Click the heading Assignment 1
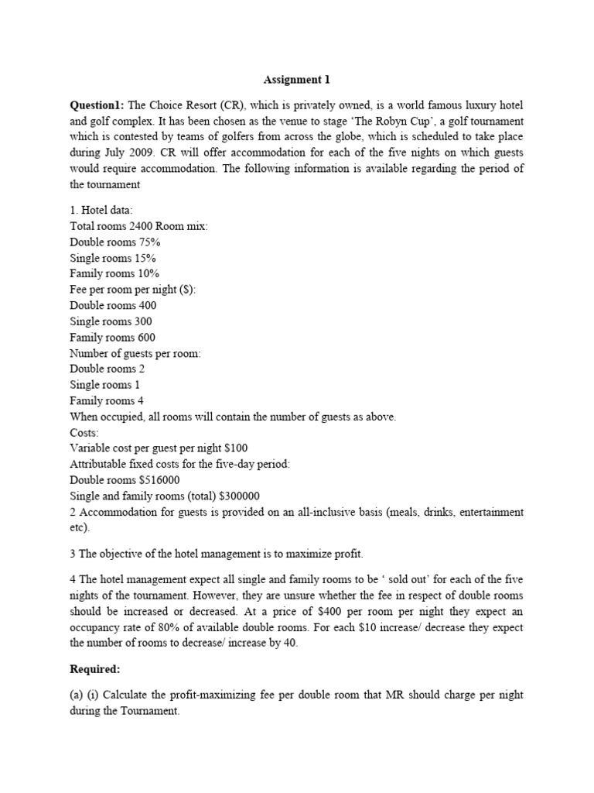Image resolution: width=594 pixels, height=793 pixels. coord(296,79)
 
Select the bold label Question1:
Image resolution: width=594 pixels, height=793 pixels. coord(97,105)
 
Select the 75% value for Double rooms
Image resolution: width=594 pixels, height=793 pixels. coord(146,242)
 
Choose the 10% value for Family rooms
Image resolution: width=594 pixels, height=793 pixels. coord(143,273)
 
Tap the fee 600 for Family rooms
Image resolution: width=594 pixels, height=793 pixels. coord(145,337)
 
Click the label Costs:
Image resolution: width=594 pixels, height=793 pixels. coord(85,433)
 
